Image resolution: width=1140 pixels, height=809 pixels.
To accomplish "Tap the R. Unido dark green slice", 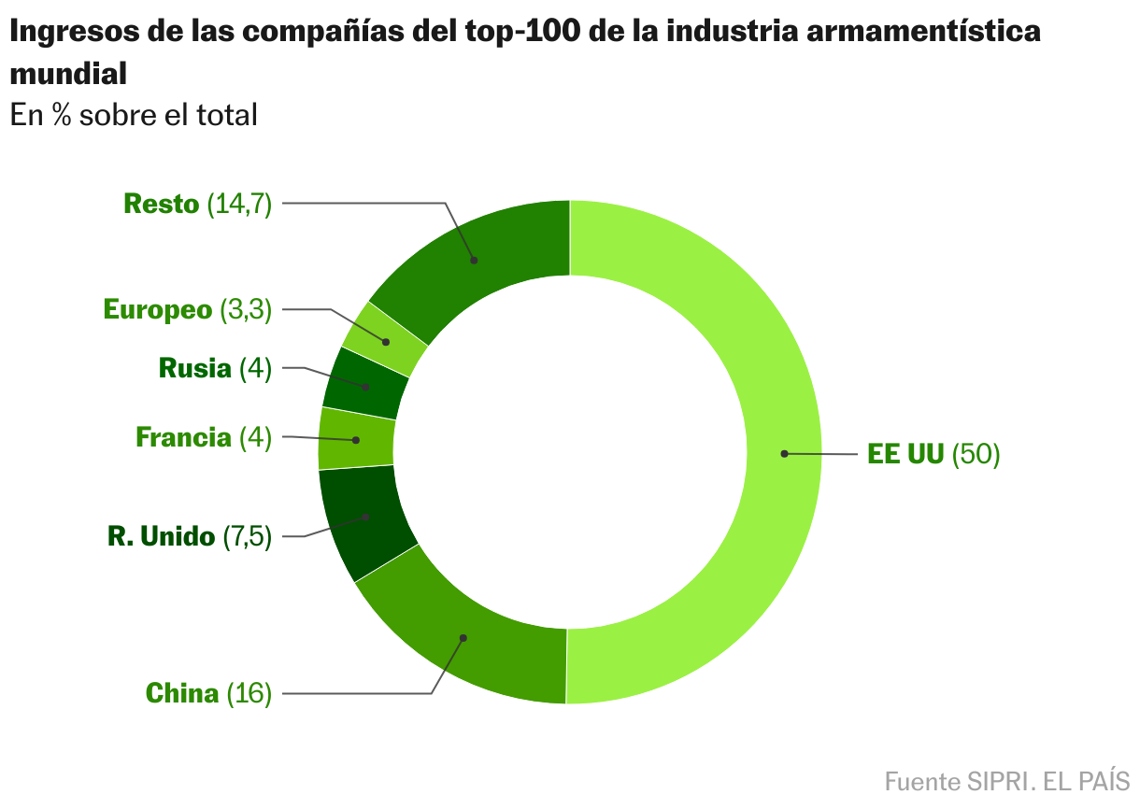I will [x=364, y=517].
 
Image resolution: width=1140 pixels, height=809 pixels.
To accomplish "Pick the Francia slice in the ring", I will [x=355, y=439].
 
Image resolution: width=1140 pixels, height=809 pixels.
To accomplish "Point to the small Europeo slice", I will [x=384, y=341].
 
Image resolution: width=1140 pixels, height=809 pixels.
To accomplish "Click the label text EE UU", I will [x=905, y=455].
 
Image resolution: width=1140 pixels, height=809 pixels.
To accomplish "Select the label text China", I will [x=182, y=693].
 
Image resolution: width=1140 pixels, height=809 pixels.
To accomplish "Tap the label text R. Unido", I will [x=161, y=536].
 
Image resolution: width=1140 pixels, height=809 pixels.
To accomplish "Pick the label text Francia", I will [x=183, y=437].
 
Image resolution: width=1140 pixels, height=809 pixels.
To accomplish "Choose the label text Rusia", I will [x=194, y=368].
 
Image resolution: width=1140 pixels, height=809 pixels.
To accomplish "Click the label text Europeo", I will [x=158, y=310].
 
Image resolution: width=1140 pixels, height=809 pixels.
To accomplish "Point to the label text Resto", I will [x=161, y=204].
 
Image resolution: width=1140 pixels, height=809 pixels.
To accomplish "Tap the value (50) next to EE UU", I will [x=976, y=455].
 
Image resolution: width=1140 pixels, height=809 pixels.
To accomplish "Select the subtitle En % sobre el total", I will [x=134, y=115].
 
